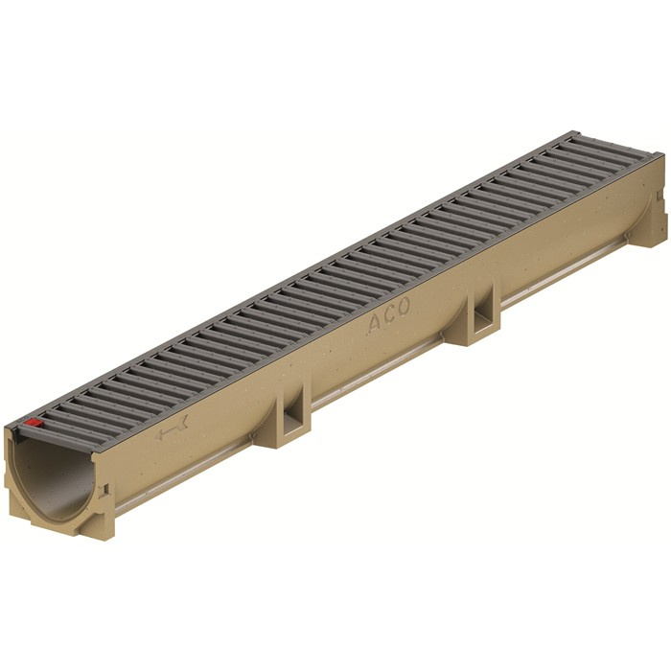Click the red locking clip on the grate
[34, 422]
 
